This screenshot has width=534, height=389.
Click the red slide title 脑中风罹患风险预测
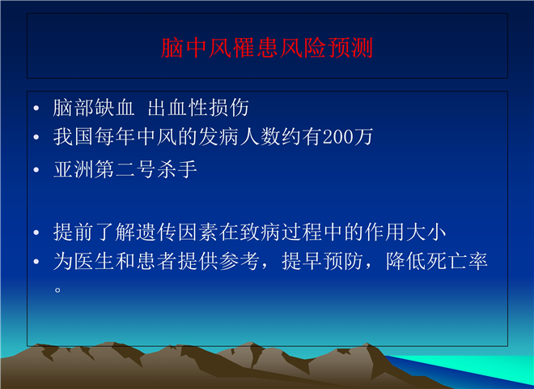click(267, 48)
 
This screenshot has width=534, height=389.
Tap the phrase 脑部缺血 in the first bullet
click(94, 108)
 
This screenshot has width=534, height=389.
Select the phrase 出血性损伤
click(198, 108)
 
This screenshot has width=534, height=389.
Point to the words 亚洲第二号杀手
click(125, 169)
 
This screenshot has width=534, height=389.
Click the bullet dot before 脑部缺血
click(36, 109)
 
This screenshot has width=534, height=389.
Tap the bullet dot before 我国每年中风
click(36, 138)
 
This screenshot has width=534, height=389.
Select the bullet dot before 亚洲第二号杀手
click(36, 170)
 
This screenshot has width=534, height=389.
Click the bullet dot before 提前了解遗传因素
click(36, 233)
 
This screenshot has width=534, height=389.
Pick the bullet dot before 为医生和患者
click(36, 262)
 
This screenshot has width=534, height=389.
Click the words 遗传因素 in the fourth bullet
click(177, 232)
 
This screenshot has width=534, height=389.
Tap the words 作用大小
click(405, 232)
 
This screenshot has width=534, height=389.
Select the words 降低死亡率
click(437, 261)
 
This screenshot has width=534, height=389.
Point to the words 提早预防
click(322, 261)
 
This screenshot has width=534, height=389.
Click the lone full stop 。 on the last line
click(57, 290)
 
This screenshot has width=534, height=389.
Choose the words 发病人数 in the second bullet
click(239, 137)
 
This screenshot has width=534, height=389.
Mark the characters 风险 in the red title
click(303, 48)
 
